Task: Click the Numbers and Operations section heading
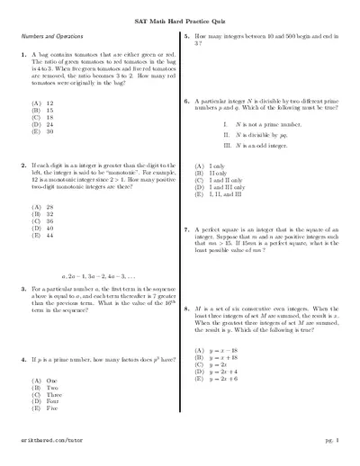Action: click(x=49, y=35)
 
